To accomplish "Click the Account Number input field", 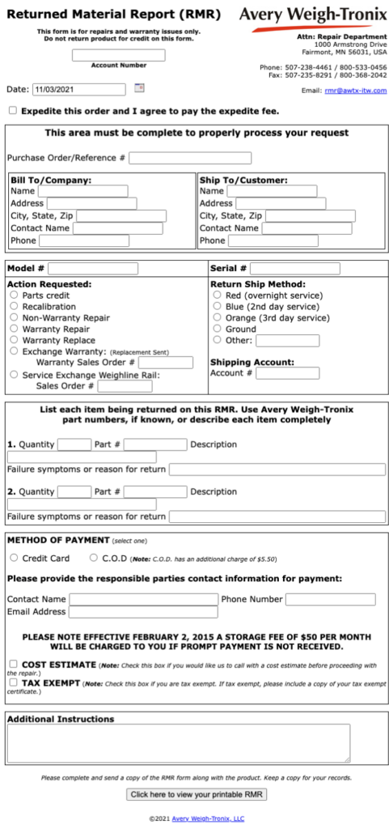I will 118,55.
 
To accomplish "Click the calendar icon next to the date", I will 138,88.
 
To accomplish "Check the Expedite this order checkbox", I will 12,110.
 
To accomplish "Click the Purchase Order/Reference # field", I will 189,158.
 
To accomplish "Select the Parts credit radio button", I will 15,295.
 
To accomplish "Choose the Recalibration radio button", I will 15,307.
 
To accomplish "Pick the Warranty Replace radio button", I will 15,340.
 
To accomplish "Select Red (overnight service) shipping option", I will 217,295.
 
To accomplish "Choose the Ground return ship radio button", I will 217,329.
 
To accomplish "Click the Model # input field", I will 93,268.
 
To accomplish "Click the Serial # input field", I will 294,268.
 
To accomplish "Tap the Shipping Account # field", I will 287,373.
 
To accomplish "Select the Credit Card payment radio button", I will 15,558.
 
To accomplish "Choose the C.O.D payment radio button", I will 94,558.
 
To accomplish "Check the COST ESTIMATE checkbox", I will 12,664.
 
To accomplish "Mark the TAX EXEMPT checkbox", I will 12,682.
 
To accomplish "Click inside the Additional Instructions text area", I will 178,742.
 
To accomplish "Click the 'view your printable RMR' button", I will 197,794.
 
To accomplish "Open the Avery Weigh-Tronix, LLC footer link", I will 208,818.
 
